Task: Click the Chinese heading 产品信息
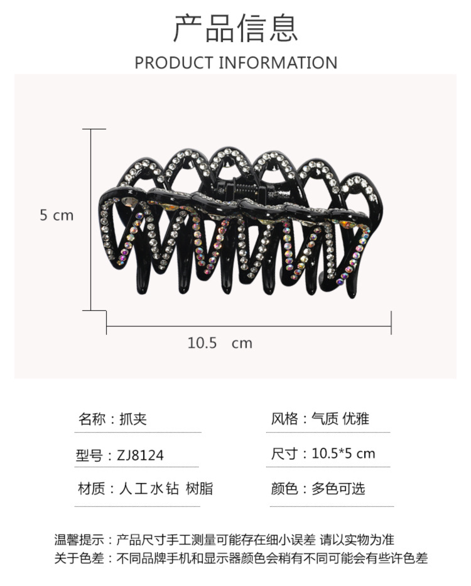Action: tap(235, 28)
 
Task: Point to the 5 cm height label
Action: tap(57, 215)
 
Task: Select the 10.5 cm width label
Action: tap(219, 343)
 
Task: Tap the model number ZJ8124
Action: tap(140, 455)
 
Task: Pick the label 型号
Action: tap(90, 455)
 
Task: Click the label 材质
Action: tap(90, 489)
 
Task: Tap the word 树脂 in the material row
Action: tap(200, 489)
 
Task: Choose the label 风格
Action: tap(284, 419)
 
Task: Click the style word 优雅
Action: tap(356, 419)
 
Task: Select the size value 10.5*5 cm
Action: tap(343, 453)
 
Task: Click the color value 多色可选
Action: tap(338, 489)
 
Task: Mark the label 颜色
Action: tap(284, 489)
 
